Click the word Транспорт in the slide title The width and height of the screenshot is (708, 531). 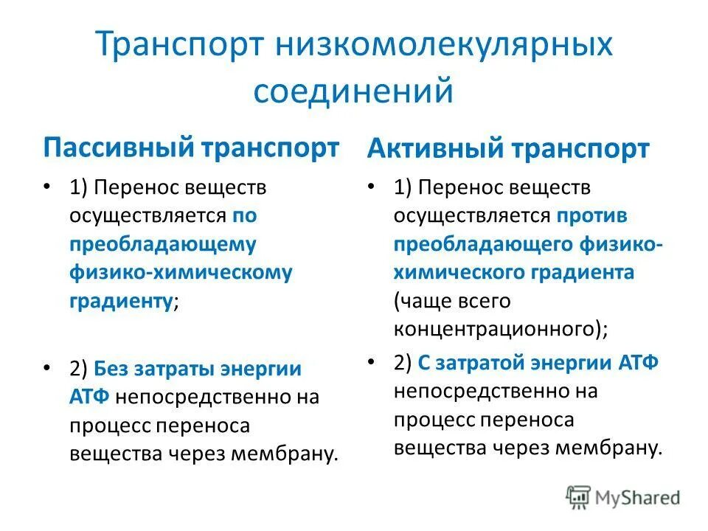click(181, 46)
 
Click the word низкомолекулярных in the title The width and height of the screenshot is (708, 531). click(443, 46)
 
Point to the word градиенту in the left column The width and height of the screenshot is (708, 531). click(122, 301)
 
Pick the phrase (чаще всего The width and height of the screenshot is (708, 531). click(451, 301)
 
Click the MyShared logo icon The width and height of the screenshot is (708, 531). click(578, 498)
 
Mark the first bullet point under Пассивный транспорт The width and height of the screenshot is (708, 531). click(48, 187)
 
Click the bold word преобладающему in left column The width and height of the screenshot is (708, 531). click(163, 244)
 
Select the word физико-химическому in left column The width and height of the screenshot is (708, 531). click(181, 272)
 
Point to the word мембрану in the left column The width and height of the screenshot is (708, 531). click(294, 453)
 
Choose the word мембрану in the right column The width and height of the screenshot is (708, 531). click(618, 448)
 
